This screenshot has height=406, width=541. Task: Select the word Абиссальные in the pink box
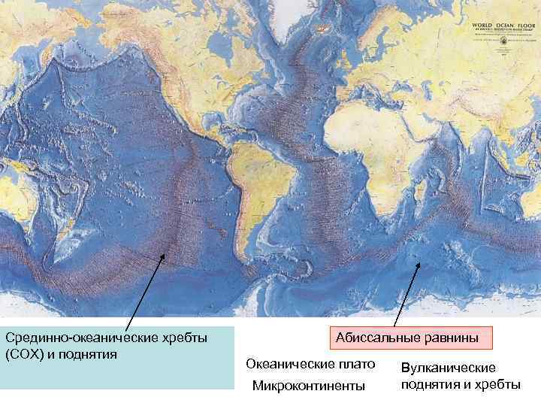pos(373,338)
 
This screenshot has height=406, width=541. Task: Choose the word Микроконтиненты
pos(308,386)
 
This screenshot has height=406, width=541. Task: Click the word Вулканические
pos(448,368)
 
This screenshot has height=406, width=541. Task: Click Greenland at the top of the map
pos(301,23)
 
